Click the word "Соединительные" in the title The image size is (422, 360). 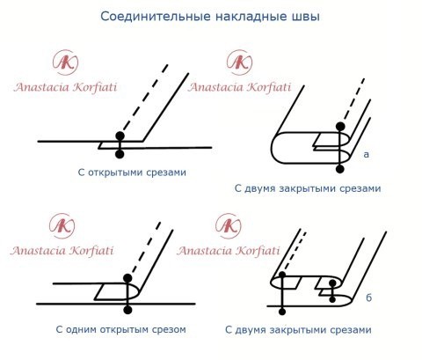click(151, 16)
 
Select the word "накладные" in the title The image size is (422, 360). click(248, 16)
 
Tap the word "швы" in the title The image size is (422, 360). click(304, 16)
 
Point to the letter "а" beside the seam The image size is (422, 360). click(366, 154)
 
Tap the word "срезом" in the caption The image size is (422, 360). click(168, 330)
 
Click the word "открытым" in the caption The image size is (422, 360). click(125, 330)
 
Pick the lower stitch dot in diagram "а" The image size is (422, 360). click(340, 166)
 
